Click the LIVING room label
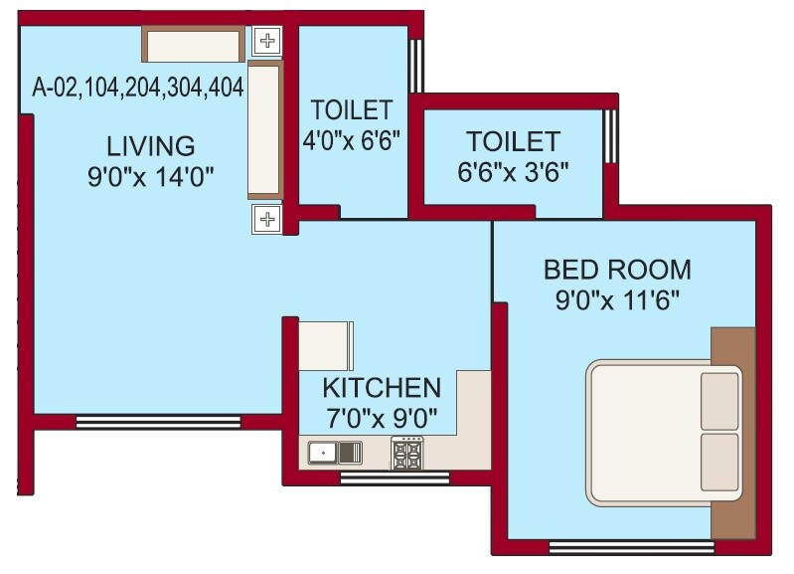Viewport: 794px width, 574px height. (151, 145)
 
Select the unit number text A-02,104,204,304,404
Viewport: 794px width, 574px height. (138, 88)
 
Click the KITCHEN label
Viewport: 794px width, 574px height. (381, 387)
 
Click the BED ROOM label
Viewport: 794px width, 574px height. (617, 270)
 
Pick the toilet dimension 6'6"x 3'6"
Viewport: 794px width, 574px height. (513, 169)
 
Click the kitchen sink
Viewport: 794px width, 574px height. (322, 454)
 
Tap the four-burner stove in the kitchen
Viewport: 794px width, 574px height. (406, 454)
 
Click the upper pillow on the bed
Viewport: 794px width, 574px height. (719, 401)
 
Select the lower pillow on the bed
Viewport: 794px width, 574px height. (719, 462)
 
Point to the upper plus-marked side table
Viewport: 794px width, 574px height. (266, 41)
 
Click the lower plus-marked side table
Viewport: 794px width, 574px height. (266, 218)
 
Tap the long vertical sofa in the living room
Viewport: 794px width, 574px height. (265, 129)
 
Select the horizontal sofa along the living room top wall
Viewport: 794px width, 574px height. (193, 45)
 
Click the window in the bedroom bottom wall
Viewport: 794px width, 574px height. (632, 547)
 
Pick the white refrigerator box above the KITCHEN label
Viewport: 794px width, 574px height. (324, 345)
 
